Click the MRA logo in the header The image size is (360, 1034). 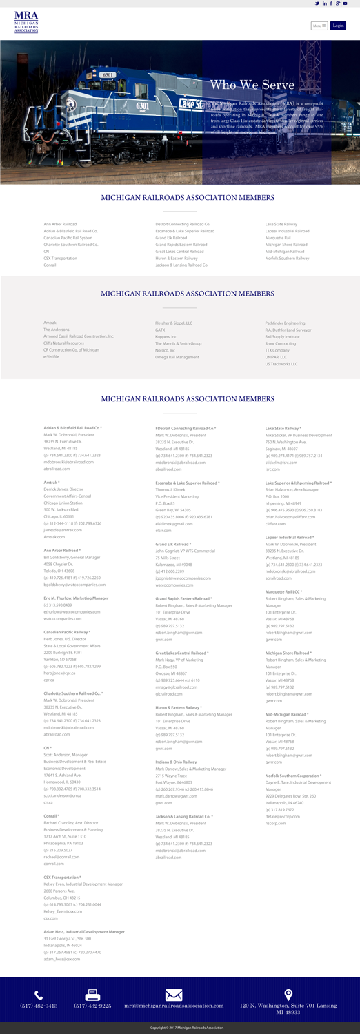[x=26, y=22]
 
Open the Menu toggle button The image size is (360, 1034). [x=318, y=26]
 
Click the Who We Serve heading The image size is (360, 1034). [x=252, y=85]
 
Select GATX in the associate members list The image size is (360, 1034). [x=161, y=330]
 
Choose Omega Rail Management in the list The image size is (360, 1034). [x=177, y=357]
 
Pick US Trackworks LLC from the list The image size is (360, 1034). [x=281, y=364]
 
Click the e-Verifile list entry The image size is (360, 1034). [x=52, y=357]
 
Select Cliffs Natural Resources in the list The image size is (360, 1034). [x=63, y=343]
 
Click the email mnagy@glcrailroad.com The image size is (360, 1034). [x=177, y=687]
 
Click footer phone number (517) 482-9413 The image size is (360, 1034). [x=39, y=1011]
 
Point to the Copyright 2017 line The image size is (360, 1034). [x=180, y=1028]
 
